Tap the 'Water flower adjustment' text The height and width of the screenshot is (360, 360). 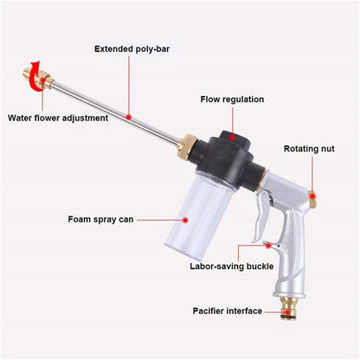click(59, 118)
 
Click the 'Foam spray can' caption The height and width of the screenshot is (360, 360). click(101, 219)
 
